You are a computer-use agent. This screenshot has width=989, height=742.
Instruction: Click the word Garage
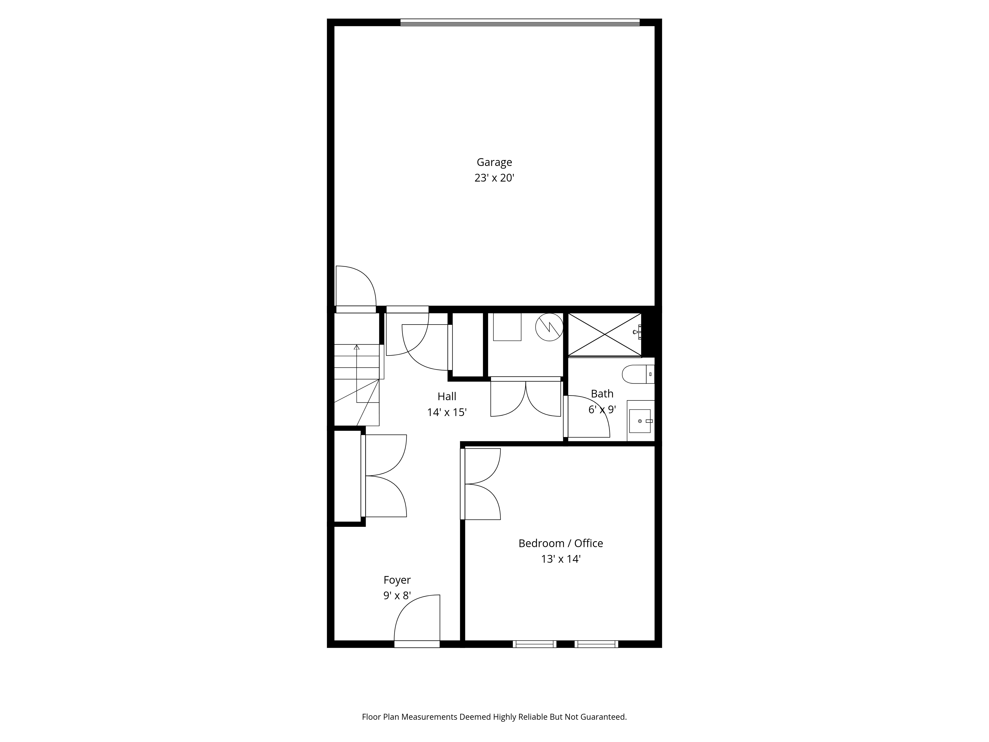494,162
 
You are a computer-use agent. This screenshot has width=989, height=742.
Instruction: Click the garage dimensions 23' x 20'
494,178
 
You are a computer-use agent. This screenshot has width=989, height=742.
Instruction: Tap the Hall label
447,396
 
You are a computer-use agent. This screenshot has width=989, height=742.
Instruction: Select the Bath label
602,394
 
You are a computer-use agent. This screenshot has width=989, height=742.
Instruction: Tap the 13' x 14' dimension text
561,559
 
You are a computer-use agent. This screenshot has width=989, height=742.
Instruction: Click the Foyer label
397,580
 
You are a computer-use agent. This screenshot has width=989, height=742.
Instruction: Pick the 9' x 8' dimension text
397,596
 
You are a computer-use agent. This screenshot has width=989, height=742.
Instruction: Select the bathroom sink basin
640,421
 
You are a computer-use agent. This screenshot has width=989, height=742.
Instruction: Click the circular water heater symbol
549,327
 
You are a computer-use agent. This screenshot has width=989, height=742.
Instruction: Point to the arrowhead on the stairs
356,347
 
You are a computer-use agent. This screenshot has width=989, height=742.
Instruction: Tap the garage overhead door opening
520,22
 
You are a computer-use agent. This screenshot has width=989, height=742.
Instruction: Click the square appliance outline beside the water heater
507,327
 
